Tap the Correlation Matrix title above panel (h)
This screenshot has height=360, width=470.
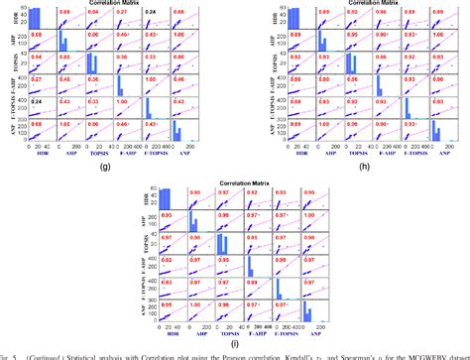(356, 4)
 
